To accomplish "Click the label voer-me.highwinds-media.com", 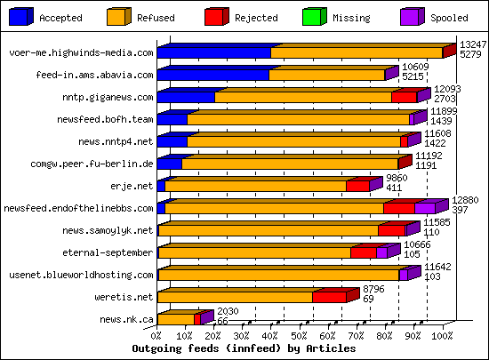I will pos(81,53).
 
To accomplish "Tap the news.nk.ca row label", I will pos(127,319).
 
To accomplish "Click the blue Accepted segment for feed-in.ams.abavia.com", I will pos(212,76).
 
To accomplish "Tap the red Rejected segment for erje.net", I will pos(357,187).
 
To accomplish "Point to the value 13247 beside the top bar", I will pos(471,44).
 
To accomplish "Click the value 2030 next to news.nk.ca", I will pos(228,310).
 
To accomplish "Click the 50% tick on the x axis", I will pos(300,337).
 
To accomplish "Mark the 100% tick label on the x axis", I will pos(441,337).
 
